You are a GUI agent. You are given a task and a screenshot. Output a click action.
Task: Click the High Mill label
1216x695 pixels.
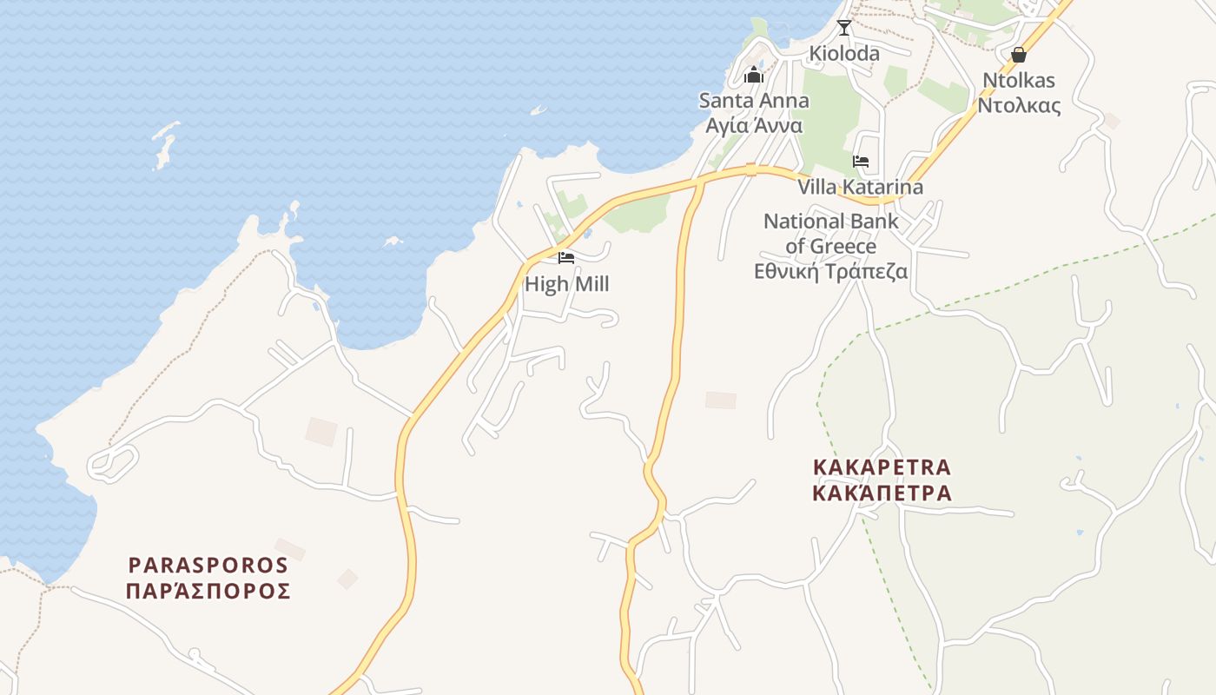tap(566, 284)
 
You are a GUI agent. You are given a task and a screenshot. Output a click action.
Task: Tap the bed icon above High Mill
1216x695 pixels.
tap(566, 258)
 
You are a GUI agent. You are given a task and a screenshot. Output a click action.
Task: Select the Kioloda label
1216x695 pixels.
tap(844, 54)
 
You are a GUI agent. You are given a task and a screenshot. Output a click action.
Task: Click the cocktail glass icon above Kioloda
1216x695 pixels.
tap(843, 28)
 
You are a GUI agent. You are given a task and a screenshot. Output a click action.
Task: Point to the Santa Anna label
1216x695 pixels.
tap(754, 101)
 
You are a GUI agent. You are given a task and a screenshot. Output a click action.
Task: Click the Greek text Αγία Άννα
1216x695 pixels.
tap(754, 125)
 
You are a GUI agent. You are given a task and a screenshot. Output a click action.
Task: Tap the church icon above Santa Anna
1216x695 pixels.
tap(754, 76)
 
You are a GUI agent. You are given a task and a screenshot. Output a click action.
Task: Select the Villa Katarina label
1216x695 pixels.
tap(860, 187)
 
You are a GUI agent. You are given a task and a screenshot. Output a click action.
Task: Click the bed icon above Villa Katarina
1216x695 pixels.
tap(861, 162)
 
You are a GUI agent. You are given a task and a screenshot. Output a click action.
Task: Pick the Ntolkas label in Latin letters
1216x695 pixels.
tap(1019, 81)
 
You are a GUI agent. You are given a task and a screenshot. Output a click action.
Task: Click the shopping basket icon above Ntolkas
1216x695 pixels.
tap(1019, 56)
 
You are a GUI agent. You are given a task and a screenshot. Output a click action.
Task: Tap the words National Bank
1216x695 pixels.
tap(830, 222)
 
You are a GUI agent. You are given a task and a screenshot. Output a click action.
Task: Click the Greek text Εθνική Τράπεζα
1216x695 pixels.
tap(830, 272)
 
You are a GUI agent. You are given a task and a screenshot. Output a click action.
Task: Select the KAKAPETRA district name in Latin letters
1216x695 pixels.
tap(882, 467)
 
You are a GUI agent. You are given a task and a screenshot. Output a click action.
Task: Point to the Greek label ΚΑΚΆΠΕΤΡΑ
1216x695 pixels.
tap(882, 493)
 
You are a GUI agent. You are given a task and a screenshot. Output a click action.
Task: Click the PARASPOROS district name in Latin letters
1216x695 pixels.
tap(208, 566)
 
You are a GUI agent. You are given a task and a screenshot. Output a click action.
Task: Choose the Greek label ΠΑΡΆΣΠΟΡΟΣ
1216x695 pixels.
tap(208, 592)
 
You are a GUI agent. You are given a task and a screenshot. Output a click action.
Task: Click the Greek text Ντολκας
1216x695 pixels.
tap(1019, 106)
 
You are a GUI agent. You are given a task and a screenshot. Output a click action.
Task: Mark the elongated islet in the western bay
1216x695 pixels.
tap(163, 143)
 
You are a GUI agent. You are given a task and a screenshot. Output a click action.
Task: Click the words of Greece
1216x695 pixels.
tap(830, 247)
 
